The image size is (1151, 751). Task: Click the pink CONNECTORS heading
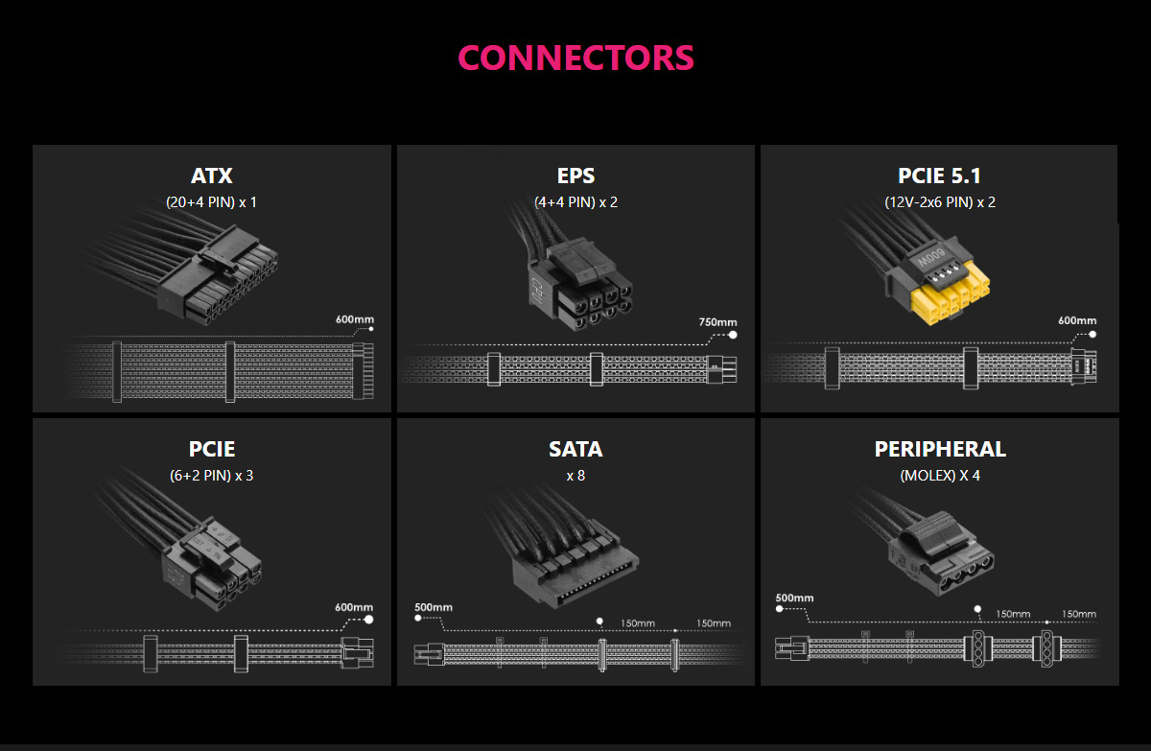[575, 58]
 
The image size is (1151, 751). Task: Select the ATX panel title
[211, 176]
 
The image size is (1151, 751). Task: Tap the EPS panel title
[575, 176]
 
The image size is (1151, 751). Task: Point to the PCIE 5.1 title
[939, 176]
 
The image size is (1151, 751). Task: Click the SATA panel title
[575, 449]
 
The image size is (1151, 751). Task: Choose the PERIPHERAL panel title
[939, 449]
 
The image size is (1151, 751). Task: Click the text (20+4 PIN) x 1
[211, 202]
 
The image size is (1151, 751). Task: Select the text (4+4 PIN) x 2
[575, 202]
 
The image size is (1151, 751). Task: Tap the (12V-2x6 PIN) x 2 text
[939, 202]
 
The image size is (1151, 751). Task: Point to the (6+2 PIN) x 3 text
[211, 475]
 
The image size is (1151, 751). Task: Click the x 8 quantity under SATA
[575, 475]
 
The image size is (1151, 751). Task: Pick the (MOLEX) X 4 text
[939, 475]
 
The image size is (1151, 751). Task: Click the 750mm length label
[717, 322]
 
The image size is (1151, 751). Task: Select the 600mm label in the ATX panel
[354, 318]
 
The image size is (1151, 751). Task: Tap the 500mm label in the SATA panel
[433, 607]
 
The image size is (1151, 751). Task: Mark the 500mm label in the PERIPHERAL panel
[794, 598]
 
